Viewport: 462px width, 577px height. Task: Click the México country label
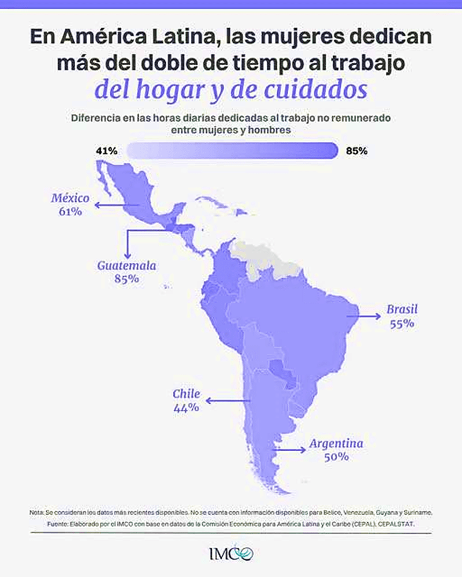pyautogui.click(x=70, y=198)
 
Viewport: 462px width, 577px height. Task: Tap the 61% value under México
pyautogui.click(x=70, y=212)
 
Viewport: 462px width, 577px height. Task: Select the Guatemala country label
pyautogui.click(x=126, y=265)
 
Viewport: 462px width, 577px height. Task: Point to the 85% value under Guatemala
pyautogui.click(x=126, y=279)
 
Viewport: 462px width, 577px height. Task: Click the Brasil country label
pyautogui.click(x=402, y=309)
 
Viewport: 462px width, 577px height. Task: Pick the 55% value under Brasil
pyautogui.click(x=402, y=324)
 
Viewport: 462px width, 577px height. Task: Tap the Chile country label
pyautogui.click(x=187, y=394)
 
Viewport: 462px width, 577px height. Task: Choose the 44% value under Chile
pyautogui.click(x=187, y=408)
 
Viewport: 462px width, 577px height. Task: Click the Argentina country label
pyautogui.click(x=336, y=443)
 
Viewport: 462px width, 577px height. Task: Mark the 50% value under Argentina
pyautogui.click(x=336, y=457)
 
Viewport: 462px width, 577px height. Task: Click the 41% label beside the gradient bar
pyautogui.click(x=107, y=151)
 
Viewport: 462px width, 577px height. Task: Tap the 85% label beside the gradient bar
pyautogui.click(x=357, y=151)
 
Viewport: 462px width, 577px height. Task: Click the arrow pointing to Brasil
pyautogui.click(x=364, y=316)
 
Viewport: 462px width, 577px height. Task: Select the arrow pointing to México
pyautogui.click(x=117, y=205)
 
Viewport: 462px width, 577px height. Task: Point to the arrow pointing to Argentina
pyautogui.click(x=289, y=449)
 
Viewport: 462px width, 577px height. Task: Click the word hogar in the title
pyautogui.click(x=170, y=90)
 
